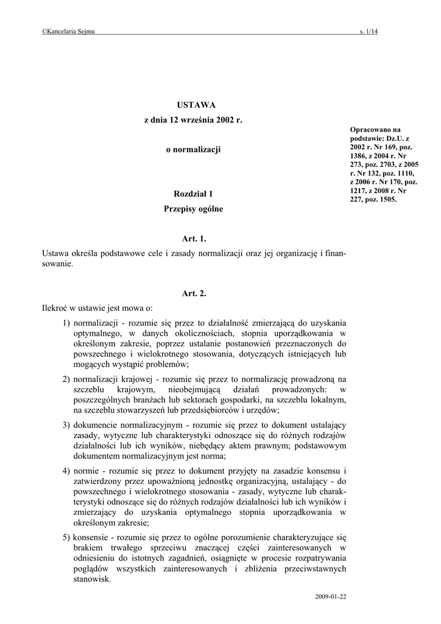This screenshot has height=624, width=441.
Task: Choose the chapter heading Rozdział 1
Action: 194,194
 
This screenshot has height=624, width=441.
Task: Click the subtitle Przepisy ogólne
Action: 194,209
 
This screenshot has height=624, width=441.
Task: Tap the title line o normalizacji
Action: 193,149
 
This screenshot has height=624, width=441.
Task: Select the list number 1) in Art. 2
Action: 66,322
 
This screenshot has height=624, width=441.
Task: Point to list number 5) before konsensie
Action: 66,537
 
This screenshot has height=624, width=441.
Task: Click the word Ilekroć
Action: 55,308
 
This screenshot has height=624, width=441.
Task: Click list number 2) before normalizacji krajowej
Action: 66,378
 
